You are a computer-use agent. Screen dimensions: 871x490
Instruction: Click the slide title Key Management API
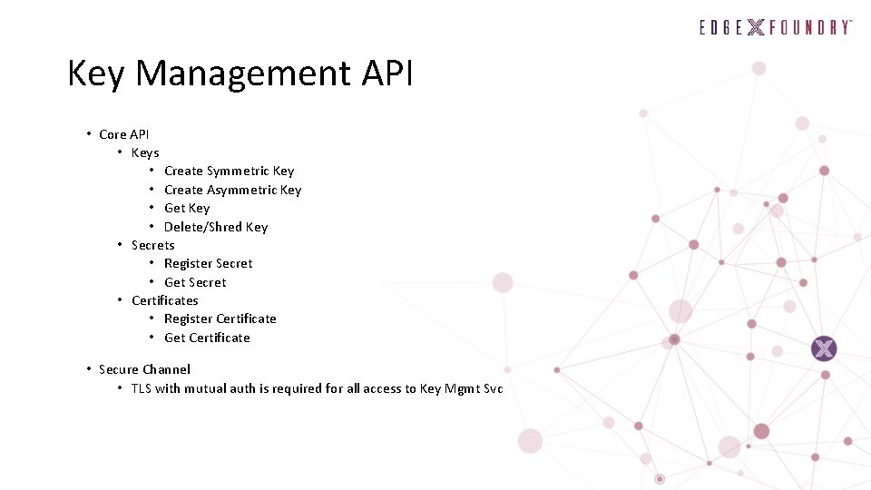[240, 73]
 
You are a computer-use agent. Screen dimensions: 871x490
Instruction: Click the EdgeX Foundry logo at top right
[775, 27]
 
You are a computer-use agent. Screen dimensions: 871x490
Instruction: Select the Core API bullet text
[124, 134]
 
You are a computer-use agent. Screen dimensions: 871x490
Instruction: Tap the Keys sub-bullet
[145, 152]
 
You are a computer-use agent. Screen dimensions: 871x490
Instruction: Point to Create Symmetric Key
[229, 171]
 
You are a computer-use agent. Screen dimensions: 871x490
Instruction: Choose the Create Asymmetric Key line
[232, 190]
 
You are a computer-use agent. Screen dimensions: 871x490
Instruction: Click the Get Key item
[187, 208]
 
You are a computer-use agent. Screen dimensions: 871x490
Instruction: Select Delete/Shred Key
[216, 227]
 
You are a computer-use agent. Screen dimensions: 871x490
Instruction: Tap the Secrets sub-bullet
[153, 245]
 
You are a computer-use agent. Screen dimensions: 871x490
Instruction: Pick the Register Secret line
[209, 263]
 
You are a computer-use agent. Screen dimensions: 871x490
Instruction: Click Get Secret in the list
[195, 282]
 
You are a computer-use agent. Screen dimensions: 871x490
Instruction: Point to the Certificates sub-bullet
[165, 300]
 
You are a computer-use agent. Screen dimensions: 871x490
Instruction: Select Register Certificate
[220, 318]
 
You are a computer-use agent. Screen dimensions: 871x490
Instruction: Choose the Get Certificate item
[207, 338]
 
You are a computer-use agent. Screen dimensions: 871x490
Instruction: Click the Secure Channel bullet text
[144, 369]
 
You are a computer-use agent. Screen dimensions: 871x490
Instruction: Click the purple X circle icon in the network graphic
[824, 348]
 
